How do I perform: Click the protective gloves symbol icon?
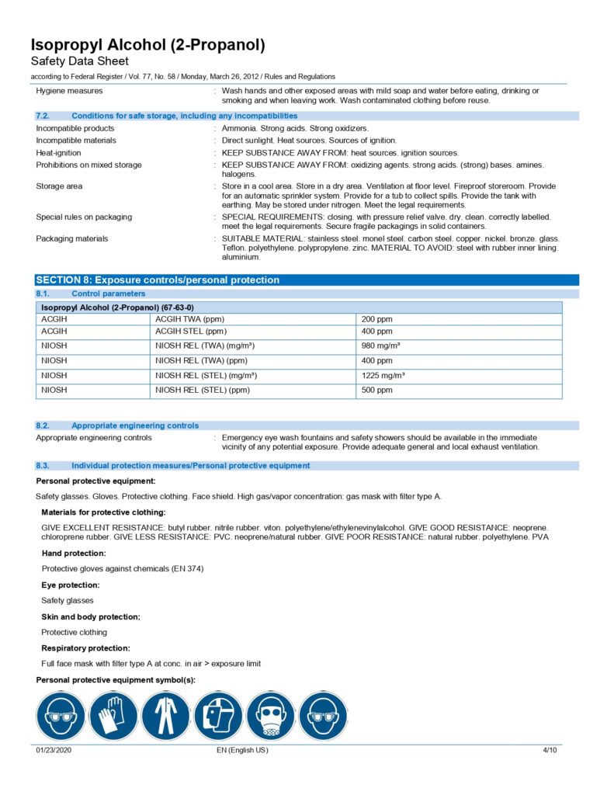click(x=113, y=716)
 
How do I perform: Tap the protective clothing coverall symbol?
click(x=166, y=716)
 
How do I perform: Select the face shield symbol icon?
click(x=218, y=716)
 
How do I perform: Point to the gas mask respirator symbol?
click(x=271, y=716)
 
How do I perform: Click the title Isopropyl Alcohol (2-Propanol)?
click(x=148, y=45)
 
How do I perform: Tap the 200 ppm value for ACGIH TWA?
click(x=377, y=319)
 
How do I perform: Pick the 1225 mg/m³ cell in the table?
click(x=383, y=375)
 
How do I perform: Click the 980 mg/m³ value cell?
click(x=381, y=345)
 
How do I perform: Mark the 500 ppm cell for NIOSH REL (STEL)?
click(x=377, y=390)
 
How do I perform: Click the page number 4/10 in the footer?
click(x=550, y=750)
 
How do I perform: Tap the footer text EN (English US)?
click(x=243, y=750)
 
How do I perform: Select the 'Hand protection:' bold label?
click(x=74, y=554)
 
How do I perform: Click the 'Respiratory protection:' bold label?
click(x=85, y=648)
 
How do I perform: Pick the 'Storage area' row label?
click(x=59, y=186)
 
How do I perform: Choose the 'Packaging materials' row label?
click(x=72, y=238)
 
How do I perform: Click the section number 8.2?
click(x=43, y=425)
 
